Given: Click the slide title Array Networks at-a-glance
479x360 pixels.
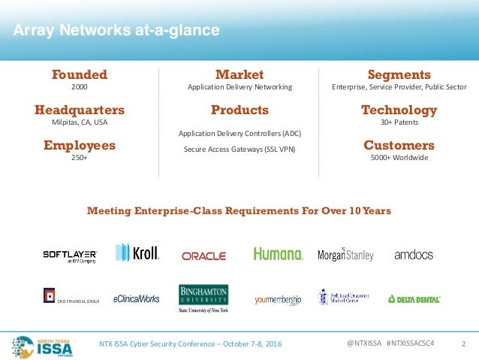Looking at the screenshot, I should pyautogui.click(x=116, y=31).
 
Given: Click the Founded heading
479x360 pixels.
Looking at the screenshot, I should pyautogui.click(x=79, y=74).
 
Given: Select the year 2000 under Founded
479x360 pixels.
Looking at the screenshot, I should pyautogui.click(x=79, y=87).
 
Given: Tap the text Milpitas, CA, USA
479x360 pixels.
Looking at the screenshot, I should pyautogui.click(x=80, y=123).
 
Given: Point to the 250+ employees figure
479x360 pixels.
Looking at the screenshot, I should pyautogui.click(x=80, y=158).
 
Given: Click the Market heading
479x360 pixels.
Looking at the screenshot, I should pyautogui.click(x=239, y=74).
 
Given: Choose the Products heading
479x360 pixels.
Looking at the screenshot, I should pyautogui.click(x=239, y=110).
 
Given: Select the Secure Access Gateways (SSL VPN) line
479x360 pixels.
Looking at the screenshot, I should pyautogui.click(x=239, y=149).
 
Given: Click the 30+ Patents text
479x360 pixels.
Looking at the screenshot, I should pyautogui.click(x=399, y=123).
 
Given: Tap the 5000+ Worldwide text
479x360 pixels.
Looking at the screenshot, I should pyautogui.click(x=399, y=158).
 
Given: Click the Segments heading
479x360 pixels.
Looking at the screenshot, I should pyautogui.click(x=399, y=74).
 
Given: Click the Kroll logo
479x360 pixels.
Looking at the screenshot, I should pyautogui.click(x=137, y=253).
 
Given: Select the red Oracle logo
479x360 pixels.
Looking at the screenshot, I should pyautogui.click(x=203, y=256).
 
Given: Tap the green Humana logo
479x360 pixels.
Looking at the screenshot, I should pyautogui.click(x=278, y=254).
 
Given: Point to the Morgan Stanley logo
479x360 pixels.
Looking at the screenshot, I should pyautogui.click(x=345, y=255).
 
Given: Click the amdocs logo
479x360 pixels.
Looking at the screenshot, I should pyautogui.click(x=414, y=255).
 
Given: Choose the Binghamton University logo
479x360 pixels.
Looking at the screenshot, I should pyautogui.click(x=203, y=298).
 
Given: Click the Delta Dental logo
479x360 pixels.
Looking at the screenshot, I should pyautogui.click(x=414, y=298).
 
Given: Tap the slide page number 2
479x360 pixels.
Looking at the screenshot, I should pyautogui.click(x=463, y=344).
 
